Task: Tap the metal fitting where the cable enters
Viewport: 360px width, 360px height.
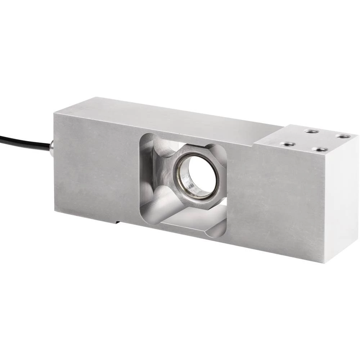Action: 52,147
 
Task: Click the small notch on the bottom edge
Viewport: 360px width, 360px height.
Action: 117,221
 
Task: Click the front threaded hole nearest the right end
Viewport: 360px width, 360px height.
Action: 319,149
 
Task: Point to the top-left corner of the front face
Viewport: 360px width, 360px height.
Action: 54,114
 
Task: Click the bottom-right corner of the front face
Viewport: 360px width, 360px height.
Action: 325,262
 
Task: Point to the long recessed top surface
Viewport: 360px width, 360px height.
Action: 173,115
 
